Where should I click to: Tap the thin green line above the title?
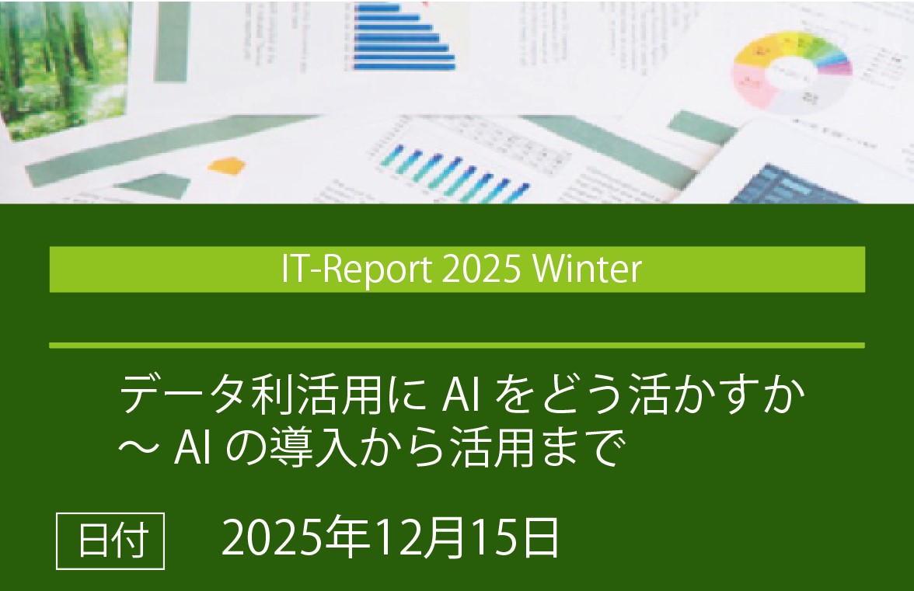coord(457,345)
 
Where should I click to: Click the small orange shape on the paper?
coord(226,165)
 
